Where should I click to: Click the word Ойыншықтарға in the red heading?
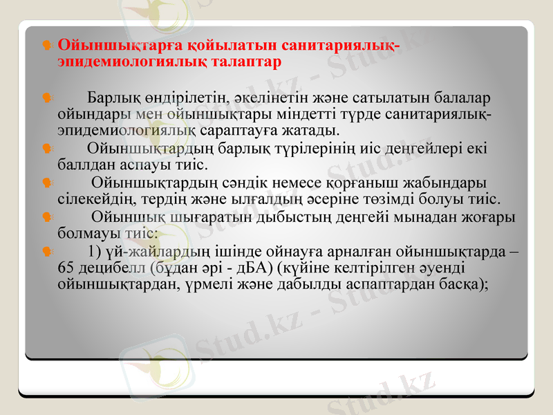click(102, 46)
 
